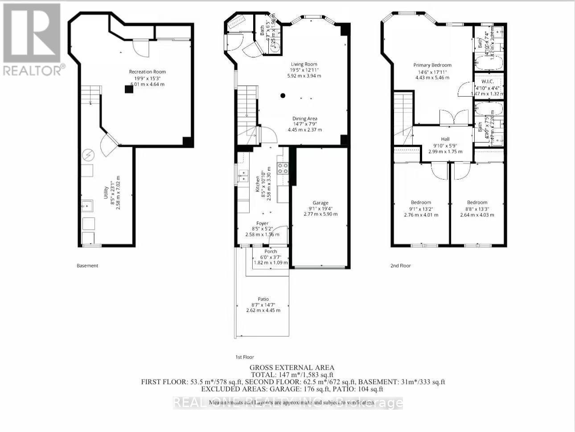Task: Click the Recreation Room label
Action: pyautogui.click(x=147, y=72)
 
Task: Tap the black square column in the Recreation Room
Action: pyautogui.click(x=129, y=89)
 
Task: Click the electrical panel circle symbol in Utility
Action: pyautogui.click(x=88, y=155)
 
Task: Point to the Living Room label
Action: pyautogui.click(x=304, y=64)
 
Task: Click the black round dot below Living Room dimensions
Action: pyautogui.click(x=283, y=95)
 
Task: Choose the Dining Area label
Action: pyautogui.click(x=305, y=119)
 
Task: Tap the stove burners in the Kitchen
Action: pyautogui.click(x=283, y=168)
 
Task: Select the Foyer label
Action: pyautogui.click(x=262, y=223)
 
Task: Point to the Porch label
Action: pyautogui.click(x=271, y=251)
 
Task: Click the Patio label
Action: pyautogui.click(x=263, y=299)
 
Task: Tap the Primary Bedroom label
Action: pyautogui.click(x=432, y=65)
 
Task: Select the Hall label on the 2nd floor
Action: pyautogui.click(x=445, y=139)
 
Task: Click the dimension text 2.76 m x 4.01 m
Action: pyautogui.click(x=421, y=215)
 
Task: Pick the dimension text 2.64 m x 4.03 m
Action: pyautogui.click(x=477, y=215)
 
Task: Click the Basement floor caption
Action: pyautogui.click(x=87, y=266)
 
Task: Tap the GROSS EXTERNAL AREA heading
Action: pyautogui.click(x=292, y=368)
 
